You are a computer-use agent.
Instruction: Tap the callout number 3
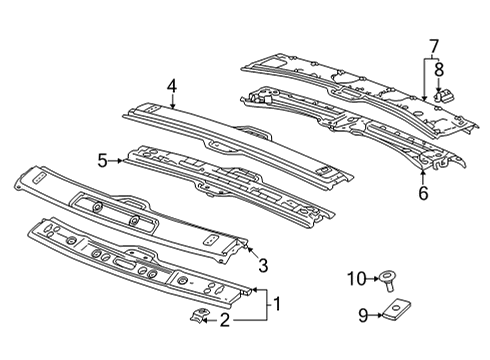pyautogui.click(x=262, y=264)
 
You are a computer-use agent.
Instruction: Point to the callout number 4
pyautogui.click(x=172, y=87)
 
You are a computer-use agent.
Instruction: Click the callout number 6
pyautogui.click(x=423, y=193)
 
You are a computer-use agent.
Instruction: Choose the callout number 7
pyautogui.click(x=433, y=45)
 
